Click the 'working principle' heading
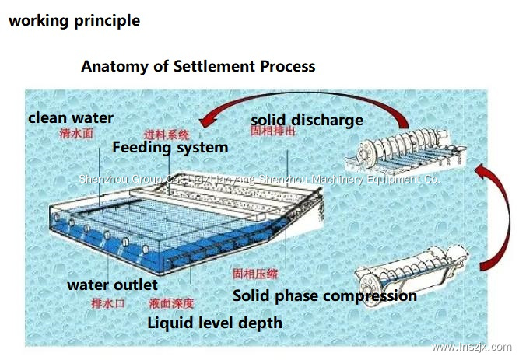(74, 21)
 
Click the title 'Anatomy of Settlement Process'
(198, 66)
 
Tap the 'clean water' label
(71, 118)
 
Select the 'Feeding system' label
(170, 147)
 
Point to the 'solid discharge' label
(307, 120)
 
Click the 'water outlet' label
(112, 285)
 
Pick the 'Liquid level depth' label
(215, 322)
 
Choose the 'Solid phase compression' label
(324, 296)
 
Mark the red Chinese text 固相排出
(272, 133)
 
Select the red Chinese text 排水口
(107, 302)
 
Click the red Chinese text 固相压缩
(255, 274)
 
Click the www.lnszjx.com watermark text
(471, 347)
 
